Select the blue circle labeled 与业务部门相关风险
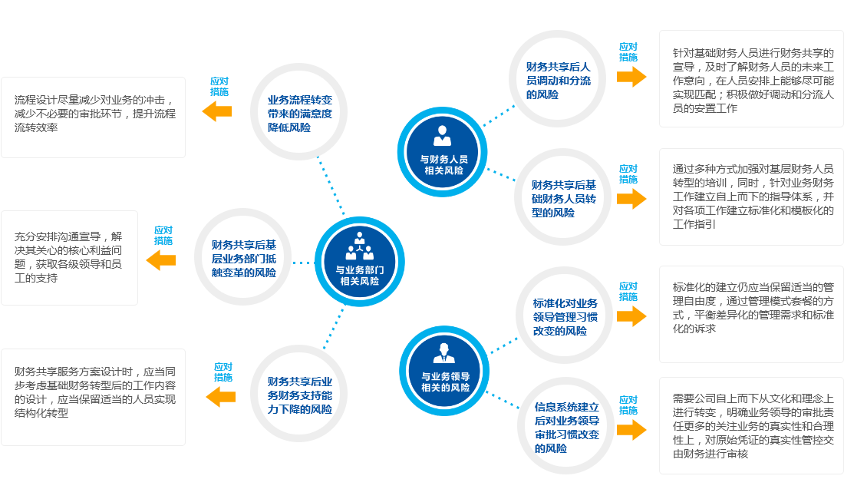359,263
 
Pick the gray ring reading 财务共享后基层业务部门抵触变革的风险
243,258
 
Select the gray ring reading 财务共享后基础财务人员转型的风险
563,198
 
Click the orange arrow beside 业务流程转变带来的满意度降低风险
217,111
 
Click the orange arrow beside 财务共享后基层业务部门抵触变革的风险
161,260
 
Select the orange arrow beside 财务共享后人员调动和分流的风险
631,76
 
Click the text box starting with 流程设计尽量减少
93,117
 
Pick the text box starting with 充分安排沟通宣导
70,257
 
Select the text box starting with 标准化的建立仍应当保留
751,313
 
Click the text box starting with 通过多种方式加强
751,196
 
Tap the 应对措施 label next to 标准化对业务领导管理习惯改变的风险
628,292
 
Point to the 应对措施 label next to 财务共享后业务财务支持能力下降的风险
223,372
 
